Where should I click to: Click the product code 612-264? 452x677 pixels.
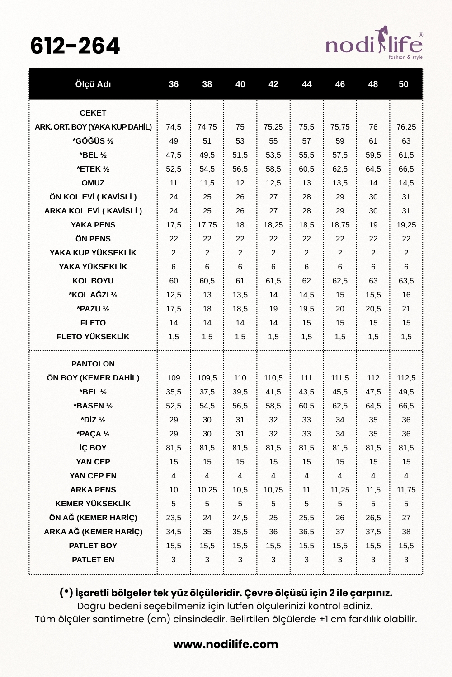click(75, 46)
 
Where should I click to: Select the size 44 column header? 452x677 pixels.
click(306, 84)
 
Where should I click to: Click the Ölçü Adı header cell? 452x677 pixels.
click(93, 84)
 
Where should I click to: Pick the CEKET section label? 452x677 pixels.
click(93, 113)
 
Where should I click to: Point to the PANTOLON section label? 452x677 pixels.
click(93, 364)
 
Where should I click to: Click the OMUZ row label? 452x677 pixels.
click(93, 183)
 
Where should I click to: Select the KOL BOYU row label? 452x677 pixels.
click(93, 281)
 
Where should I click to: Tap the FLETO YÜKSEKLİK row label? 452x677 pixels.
click(93, 337)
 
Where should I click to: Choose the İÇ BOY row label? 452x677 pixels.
click(93, 448)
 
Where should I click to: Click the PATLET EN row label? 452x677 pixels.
click(93, 560)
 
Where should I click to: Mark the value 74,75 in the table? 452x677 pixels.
click(207, 127)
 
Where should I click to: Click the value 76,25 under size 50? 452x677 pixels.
click(406, 127)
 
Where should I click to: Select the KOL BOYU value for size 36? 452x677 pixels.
click(174, 281)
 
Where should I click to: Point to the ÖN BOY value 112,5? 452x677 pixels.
click(406, 378)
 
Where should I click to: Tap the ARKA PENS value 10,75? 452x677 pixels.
click(273, 490)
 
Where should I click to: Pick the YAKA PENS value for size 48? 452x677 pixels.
click(373, 225)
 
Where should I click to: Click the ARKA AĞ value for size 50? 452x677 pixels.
click(406, 532)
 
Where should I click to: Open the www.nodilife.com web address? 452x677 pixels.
click(226, 644)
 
